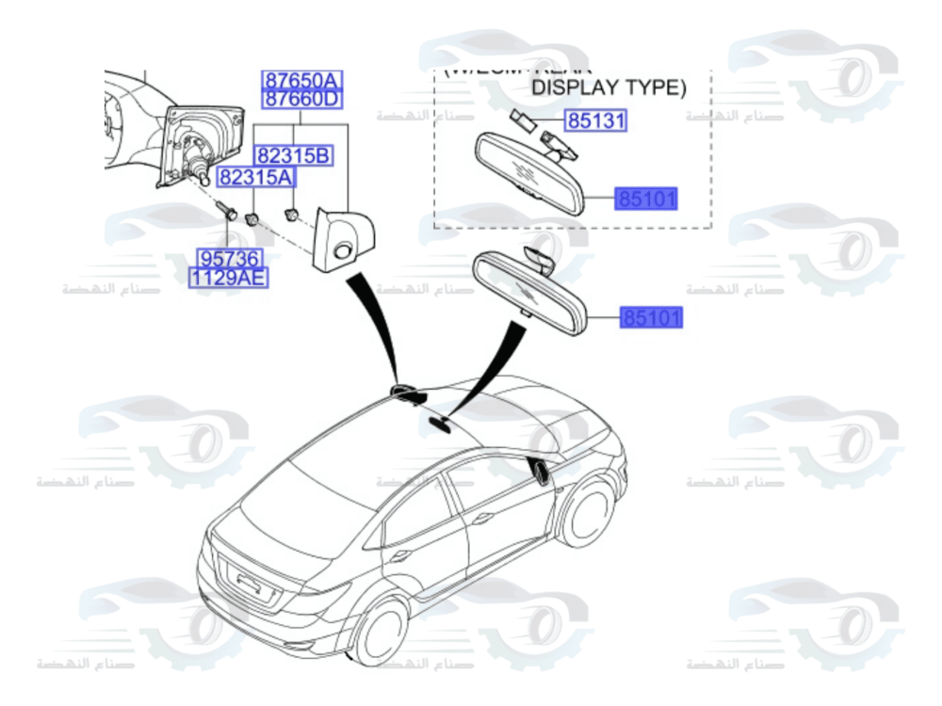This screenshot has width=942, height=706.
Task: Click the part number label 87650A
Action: (x=300, y=80)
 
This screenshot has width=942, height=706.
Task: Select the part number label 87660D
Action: (x=300, y=99)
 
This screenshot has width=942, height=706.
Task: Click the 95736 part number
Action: (x=227, y=258)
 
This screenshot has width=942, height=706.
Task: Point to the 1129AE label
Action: (x=227, y=277)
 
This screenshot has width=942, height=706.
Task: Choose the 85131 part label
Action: (x=595, y=121)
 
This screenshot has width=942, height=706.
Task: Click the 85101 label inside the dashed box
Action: (x=647, y=200)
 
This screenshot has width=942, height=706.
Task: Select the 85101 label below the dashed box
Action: (x=650, y=318)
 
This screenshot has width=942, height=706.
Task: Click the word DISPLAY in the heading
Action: (x=577, y=88)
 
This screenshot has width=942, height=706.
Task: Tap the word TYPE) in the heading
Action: (x=657, y=88)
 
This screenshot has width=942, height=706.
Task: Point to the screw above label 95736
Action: (x=226, y=208)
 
